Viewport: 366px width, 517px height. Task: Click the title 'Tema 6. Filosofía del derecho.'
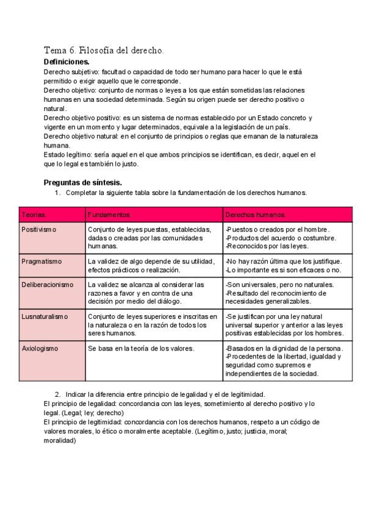coord(104,50)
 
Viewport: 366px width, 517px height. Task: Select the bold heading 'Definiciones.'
coord(66,62)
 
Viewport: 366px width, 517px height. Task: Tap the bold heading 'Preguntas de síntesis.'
coord(83,182)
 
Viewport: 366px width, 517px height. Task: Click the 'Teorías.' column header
coord(34,215)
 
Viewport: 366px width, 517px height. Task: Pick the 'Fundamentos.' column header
coord(109,215)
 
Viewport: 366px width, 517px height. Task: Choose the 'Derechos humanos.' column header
coord(255,215)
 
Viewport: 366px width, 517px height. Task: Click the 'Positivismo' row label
coord(38,229)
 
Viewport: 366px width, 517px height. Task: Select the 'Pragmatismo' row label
coord(41,261)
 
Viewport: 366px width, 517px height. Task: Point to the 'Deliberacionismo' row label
coord(48,284)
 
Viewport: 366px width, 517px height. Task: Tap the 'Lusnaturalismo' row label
coord(45,316)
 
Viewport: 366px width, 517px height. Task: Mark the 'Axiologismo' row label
coord(40,348)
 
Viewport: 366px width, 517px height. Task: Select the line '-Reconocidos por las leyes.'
coord(267,246)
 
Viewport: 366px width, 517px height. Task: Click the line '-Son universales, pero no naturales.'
coord(279,284)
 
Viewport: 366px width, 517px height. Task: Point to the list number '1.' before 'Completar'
coord(58,193)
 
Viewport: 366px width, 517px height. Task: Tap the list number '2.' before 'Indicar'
coord(58,395)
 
